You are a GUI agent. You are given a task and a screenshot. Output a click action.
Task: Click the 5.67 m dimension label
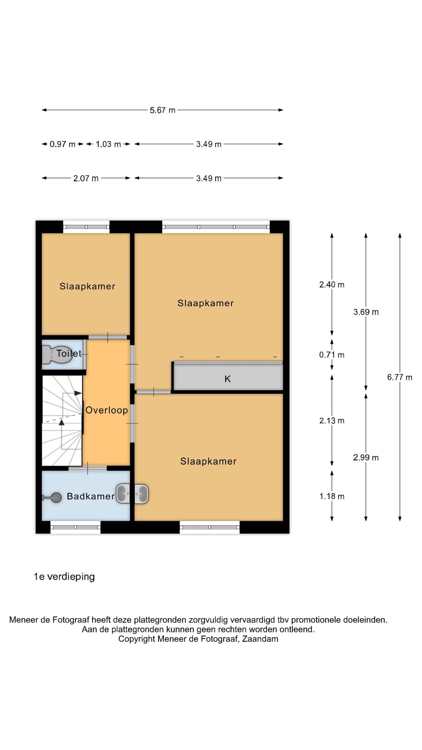[x=162, y=110]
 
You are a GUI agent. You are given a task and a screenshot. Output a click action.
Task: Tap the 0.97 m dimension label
[x=62, y=144]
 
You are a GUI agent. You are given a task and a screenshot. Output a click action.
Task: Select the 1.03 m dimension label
[x=108, y=144]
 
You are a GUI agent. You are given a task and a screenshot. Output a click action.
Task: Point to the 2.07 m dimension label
[x=86, y=178]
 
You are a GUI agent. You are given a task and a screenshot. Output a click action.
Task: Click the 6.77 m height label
[x=399, y=377]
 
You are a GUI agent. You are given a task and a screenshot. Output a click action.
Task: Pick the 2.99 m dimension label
[x=366, y=457]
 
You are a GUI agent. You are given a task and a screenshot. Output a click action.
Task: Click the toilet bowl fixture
[x=56, y=354]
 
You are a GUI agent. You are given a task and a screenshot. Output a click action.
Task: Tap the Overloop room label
[x=106, y=410]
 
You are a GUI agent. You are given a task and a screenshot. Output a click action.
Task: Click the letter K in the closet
[x=227, y=379]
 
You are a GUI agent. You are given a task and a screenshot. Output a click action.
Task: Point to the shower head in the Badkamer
[x=52, y=497]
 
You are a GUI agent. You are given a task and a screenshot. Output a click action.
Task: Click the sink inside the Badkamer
[x=123, y=493]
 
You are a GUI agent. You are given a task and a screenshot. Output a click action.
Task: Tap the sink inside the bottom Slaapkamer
[x=141, y=493]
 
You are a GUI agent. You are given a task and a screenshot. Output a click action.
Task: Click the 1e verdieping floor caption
[x=64, y=577]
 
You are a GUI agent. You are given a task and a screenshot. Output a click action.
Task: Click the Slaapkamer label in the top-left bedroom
[x=87, y=286]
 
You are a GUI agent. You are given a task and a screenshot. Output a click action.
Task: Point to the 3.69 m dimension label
[x=366, y=312]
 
